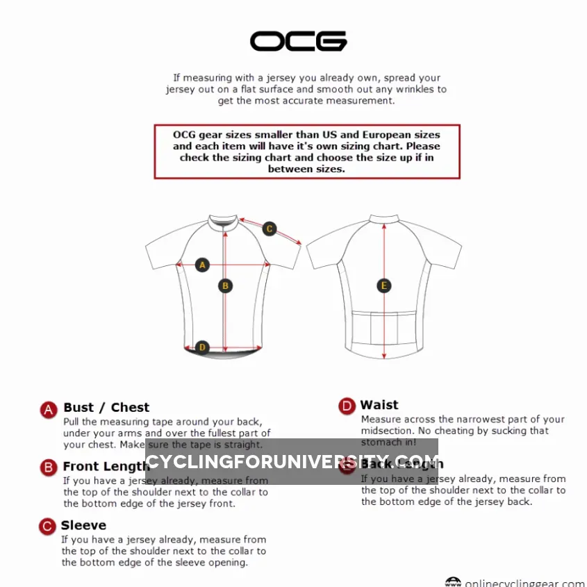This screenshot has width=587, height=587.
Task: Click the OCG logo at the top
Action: (299, 41)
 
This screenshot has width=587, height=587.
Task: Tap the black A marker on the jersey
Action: (202, 265)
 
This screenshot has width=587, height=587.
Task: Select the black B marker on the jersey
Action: (224, 285)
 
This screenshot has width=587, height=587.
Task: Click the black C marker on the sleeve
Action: (270, 229)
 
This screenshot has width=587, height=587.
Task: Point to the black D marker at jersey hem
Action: (202, 347)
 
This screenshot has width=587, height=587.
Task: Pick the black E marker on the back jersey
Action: (384, 286)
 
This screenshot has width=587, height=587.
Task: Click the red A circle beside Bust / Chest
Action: (48, 409)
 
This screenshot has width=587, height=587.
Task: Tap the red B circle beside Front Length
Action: (48, 467)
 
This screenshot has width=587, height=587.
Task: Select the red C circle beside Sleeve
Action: (48, 526)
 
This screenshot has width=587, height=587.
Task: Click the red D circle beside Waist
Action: (347, 406)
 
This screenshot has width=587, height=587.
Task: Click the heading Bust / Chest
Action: (106, 408)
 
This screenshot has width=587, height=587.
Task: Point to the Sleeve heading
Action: (83, 525)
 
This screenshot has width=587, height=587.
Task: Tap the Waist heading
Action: (379, 405)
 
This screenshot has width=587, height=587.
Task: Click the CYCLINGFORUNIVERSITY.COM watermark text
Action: (292, 462)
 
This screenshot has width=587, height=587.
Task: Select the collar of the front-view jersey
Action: (224, 220)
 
